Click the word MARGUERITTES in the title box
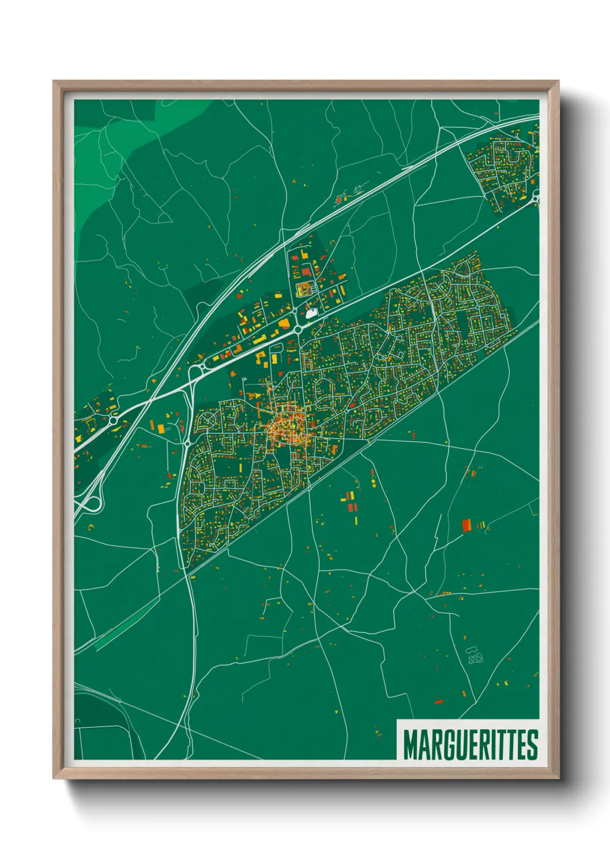pos(470,744)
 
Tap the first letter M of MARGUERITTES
pos(410,744)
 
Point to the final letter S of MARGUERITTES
pos(532,744)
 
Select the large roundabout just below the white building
pos(298,329)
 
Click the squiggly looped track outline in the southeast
pos(475,656)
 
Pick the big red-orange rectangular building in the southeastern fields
pos(466,525)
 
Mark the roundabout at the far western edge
pos(114,421)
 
